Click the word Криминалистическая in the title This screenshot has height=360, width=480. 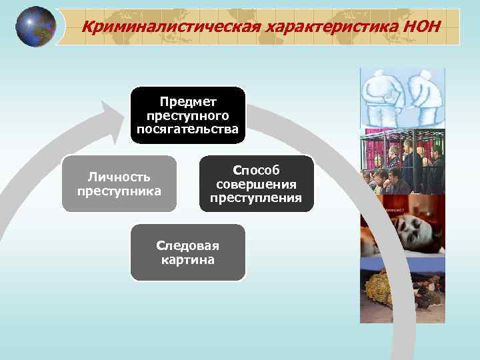coord(171,27)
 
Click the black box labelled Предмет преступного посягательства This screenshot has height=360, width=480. coord(187,115)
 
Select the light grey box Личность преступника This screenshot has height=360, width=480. coord(119,183)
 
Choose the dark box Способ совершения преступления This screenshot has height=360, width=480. coord(256,184)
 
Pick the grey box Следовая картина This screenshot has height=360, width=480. coord(187,252)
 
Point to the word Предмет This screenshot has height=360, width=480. coord(187,102)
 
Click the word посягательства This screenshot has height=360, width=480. coord(187,129)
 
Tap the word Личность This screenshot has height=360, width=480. coord(119,177)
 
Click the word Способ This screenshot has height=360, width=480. coord(256,171)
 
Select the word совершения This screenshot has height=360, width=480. coord(256,184)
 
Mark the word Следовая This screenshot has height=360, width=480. coord(187,245)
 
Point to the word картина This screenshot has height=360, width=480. coord(187,259)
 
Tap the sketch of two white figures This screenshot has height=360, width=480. coord(402,97)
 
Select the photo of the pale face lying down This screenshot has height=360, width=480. coord(402,230)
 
